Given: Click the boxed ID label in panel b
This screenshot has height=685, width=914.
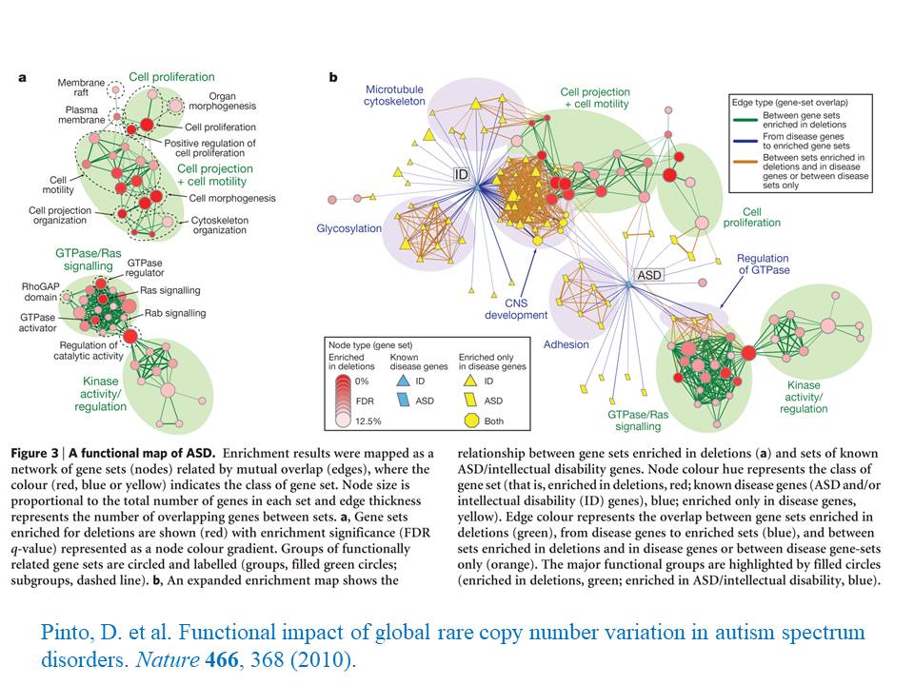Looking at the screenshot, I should pos(461,174).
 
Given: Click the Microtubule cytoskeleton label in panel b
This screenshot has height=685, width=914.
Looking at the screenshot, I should pos(393,94).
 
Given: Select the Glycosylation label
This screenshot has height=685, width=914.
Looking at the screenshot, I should pos(349,229).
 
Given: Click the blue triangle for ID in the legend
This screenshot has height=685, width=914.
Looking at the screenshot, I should pos(402,381).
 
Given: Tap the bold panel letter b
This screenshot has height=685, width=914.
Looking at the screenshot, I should pos(332,77).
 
